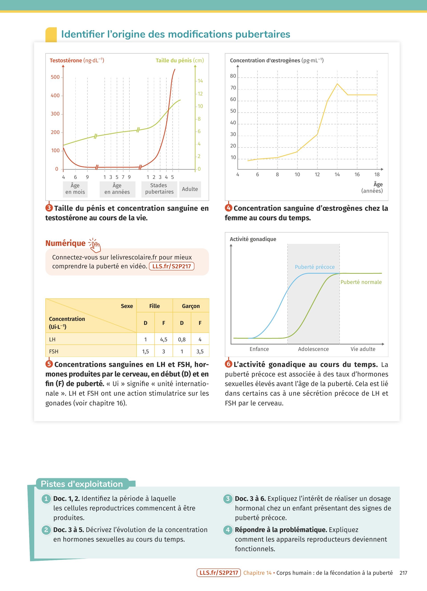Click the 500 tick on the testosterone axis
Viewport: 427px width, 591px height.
click(55, 77)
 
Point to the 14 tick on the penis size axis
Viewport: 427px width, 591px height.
click(200, 81)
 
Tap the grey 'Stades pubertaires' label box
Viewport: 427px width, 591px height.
click(159, 189)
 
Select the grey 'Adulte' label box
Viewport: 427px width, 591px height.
click(190, 189)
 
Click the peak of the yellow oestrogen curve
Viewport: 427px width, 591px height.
click(337, 84)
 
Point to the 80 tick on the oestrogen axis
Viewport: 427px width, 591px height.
click(233, 76)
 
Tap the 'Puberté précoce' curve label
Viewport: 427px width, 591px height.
click(314, 267)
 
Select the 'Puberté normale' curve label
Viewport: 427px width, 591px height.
click(361, 282)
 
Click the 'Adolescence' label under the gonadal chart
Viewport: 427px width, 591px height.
click(313, 349)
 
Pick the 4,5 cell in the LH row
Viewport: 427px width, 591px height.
click(163, 339)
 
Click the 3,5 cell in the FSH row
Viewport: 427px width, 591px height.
click(200, 351)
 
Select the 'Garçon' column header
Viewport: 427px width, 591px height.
click(191, 306)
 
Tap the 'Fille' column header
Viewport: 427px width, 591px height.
click(154, 306)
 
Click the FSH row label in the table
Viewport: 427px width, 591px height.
click(54, 351)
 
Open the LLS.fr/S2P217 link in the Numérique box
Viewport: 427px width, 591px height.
click(172, 266)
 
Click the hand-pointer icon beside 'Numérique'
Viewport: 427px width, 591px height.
click(95, 245)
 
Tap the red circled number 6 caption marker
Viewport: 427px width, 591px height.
click(228, 364)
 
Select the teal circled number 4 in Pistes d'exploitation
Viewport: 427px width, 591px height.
click(228, 530)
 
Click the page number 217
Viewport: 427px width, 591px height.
click(403, 573)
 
